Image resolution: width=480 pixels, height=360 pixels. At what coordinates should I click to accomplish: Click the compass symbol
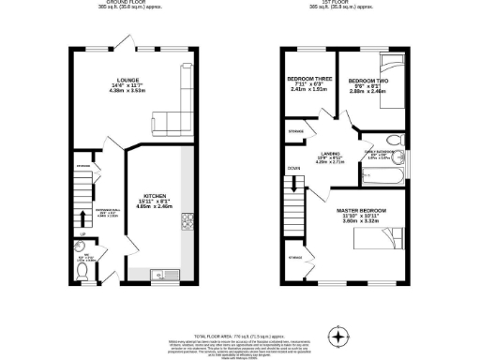coord(340,333)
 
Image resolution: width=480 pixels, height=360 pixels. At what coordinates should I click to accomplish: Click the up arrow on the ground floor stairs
coord(83,233)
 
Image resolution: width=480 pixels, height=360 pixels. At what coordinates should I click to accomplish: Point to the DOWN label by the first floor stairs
coord(293,170)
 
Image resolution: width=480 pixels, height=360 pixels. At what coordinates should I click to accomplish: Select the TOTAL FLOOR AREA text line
coord(240,334)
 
